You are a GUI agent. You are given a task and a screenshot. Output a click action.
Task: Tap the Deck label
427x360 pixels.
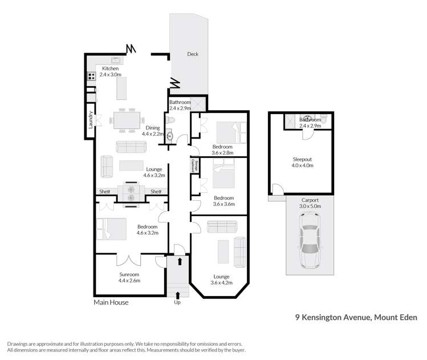click(193, 55)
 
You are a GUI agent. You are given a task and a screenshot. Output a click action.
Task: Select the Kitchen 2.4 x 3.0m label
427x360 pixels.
click(111, 71)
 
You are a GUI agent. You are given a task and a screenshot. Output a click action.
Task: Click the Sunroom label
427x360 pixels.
click(129, 277)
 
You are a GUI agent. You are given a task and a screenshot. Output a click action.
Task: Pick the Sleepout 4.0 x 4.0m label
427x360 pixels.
click(303, 163)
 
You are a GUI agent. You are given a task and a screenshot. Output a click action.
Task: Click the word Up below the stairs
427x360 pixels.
click(177, 302)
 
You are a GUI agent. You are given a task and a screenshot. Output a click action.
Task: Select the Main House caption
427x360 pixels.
click(111, 302)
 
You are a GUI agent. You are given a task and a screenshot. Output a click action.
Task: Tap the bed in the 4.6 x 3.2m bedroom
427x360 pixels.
click(112, 229)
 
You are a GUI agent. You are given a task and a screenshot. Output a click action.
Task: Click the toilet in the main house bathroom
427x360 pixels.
click(171, 121)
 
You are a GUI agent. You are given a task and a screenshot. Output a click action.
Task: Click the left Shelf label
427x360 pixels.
click(104, 192)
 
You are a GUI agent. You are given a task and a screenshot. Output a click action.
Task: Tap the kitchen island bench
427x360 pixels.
click(121, 88)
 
